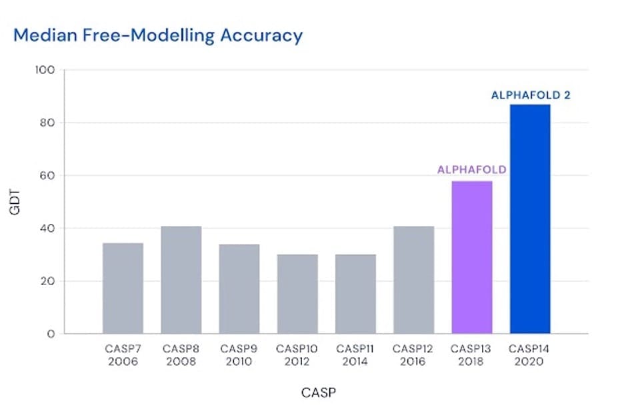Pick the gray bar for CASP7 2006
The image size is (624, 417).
pos(123,288)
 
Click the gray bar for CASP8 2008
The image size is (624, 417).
pos(181,280)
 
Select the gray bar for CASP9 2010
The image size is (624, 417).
pos(239,288)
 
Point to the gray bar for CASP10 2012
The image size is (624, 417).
pos(297,294)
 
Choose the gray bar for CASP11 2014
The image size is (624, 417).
pos(355,294)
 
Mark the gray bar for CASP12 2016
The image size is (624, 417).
pos(413,280)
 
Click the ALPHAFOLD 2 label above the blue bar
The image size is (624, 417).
pos(531,95)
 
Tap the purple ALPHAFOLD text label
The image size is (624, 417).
pos(471,170)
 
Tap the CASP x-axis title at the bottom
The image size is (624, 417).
pos(319,392)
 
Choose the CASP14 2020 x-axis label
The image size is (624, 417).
pos(530,354)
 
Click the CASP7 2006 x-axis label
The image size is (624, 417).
pos(123,354)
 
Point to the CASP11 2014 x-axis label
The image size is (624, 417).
pos(355,354)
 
